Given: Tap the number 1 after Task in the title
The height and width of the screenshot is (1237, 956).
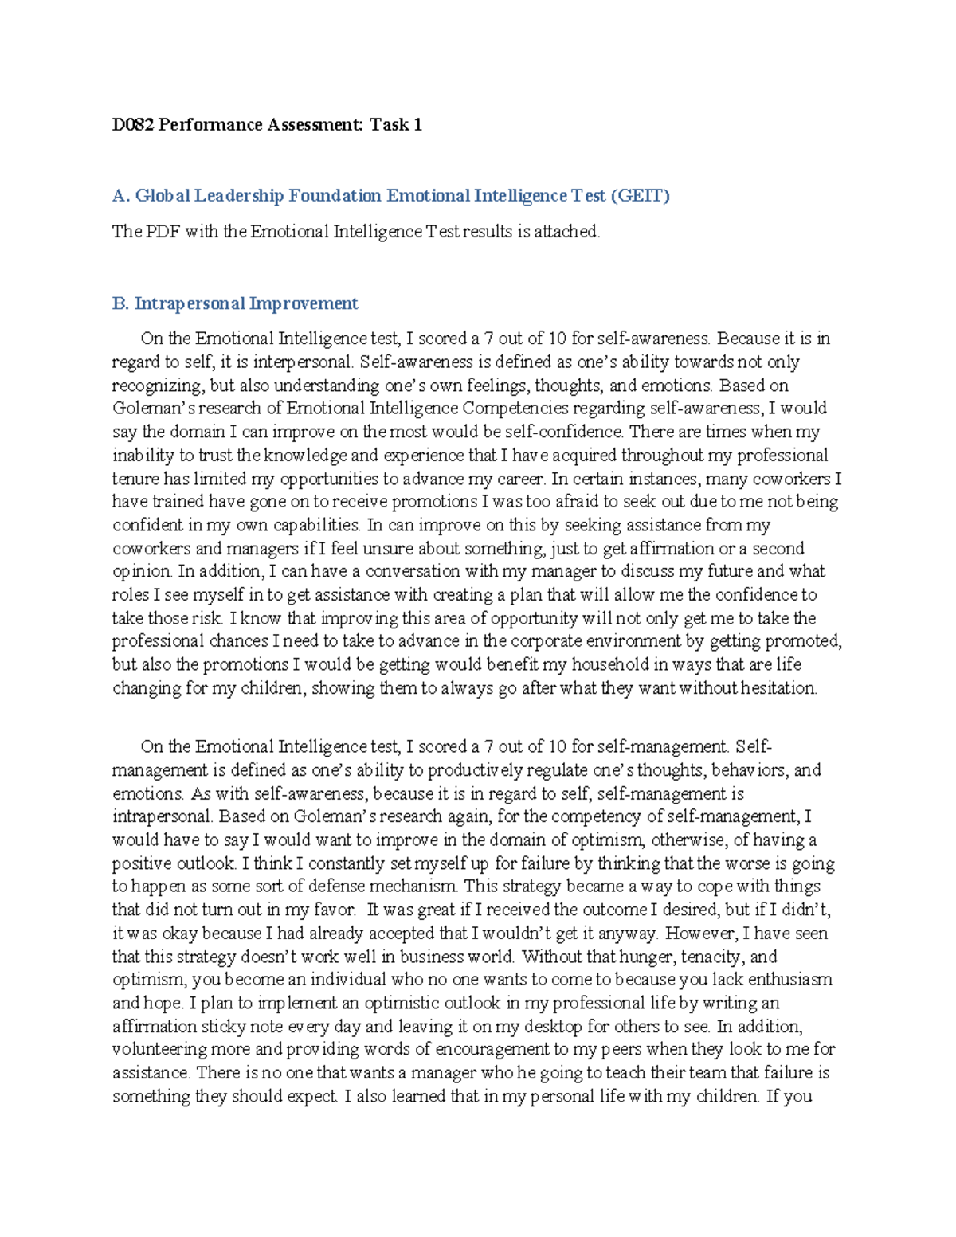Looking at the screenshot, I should pos(417,124).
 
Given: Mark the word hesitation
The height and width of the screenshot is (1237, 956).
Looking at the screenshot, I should pos(778,688).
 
